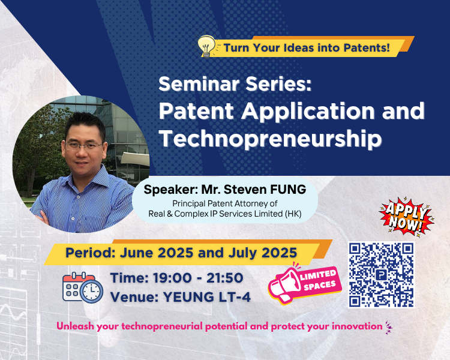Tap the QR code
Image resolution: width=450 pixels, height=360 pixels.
(381, 274)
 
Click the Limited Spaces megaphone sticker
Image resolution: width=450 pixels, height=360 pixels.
(303, 283)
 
